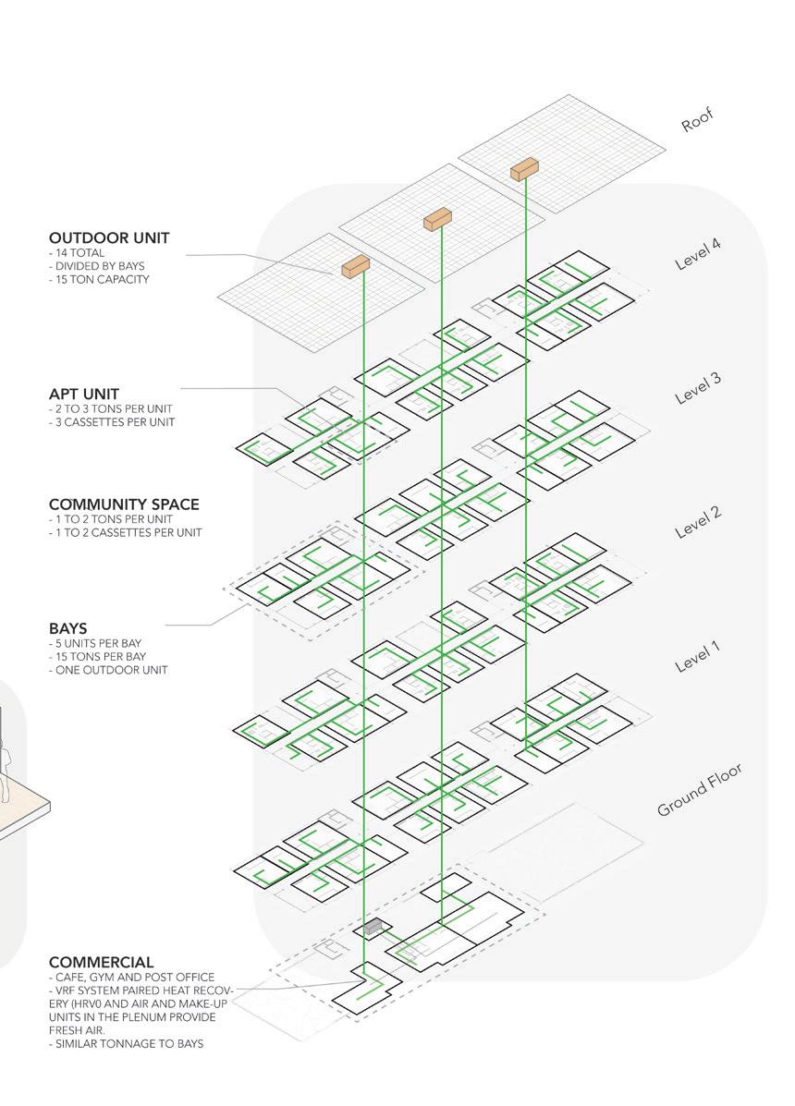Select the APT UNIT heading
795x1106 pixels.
tap(84, 394)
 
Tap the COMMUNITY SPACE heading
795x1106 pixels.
tap(124, 504)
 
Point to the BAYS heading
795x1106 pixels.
tap(69, 628)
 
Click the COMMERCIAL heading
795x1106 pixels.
tap(102, 963)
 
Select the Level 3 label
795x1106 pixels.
tap(698, 389)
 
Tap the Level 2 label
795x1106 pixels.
tap(698, 523)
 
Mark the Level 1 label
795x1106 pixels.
tap(698, 657)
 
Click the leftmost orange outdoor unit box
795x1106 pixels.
tap(355, 267)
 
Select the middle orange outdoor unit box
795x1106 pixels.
tap(436, 219)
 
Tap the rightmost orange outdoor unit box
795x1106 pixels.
tap(524, 169)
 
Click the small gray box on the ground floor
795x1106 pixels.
tap(373, 926)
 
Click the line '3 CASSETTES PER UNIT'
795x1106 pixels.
tap(113, 422)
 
